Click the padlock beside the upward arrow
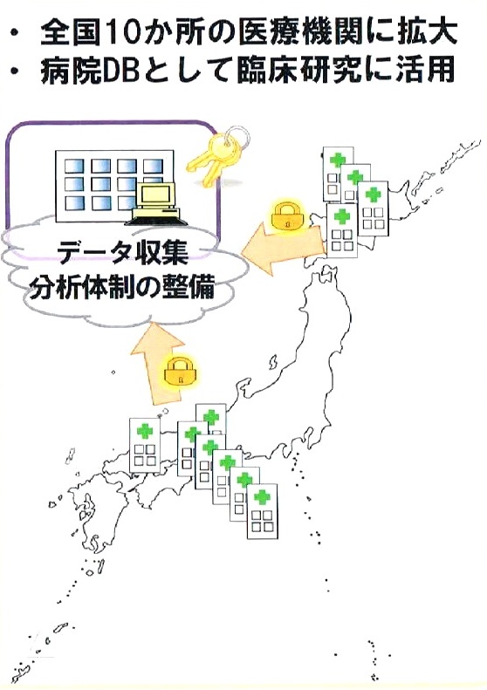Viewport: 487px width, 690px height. (x=179, y=373)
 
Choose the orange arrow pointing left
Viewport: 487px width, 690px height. (x=282, y=249)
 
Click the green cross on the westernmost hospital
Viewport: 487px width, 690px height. (x=144, y=431)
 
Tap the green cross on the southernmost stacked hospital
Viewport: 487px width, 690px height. (x=262, y=496)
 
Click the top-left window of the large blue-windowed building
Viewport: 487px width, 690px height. (x=74, y=165)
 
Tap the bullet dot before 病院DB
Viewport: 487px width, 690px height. (x=17, y=71)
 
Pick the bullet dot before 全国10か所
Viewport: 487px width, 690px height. (x=17, y=33)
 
